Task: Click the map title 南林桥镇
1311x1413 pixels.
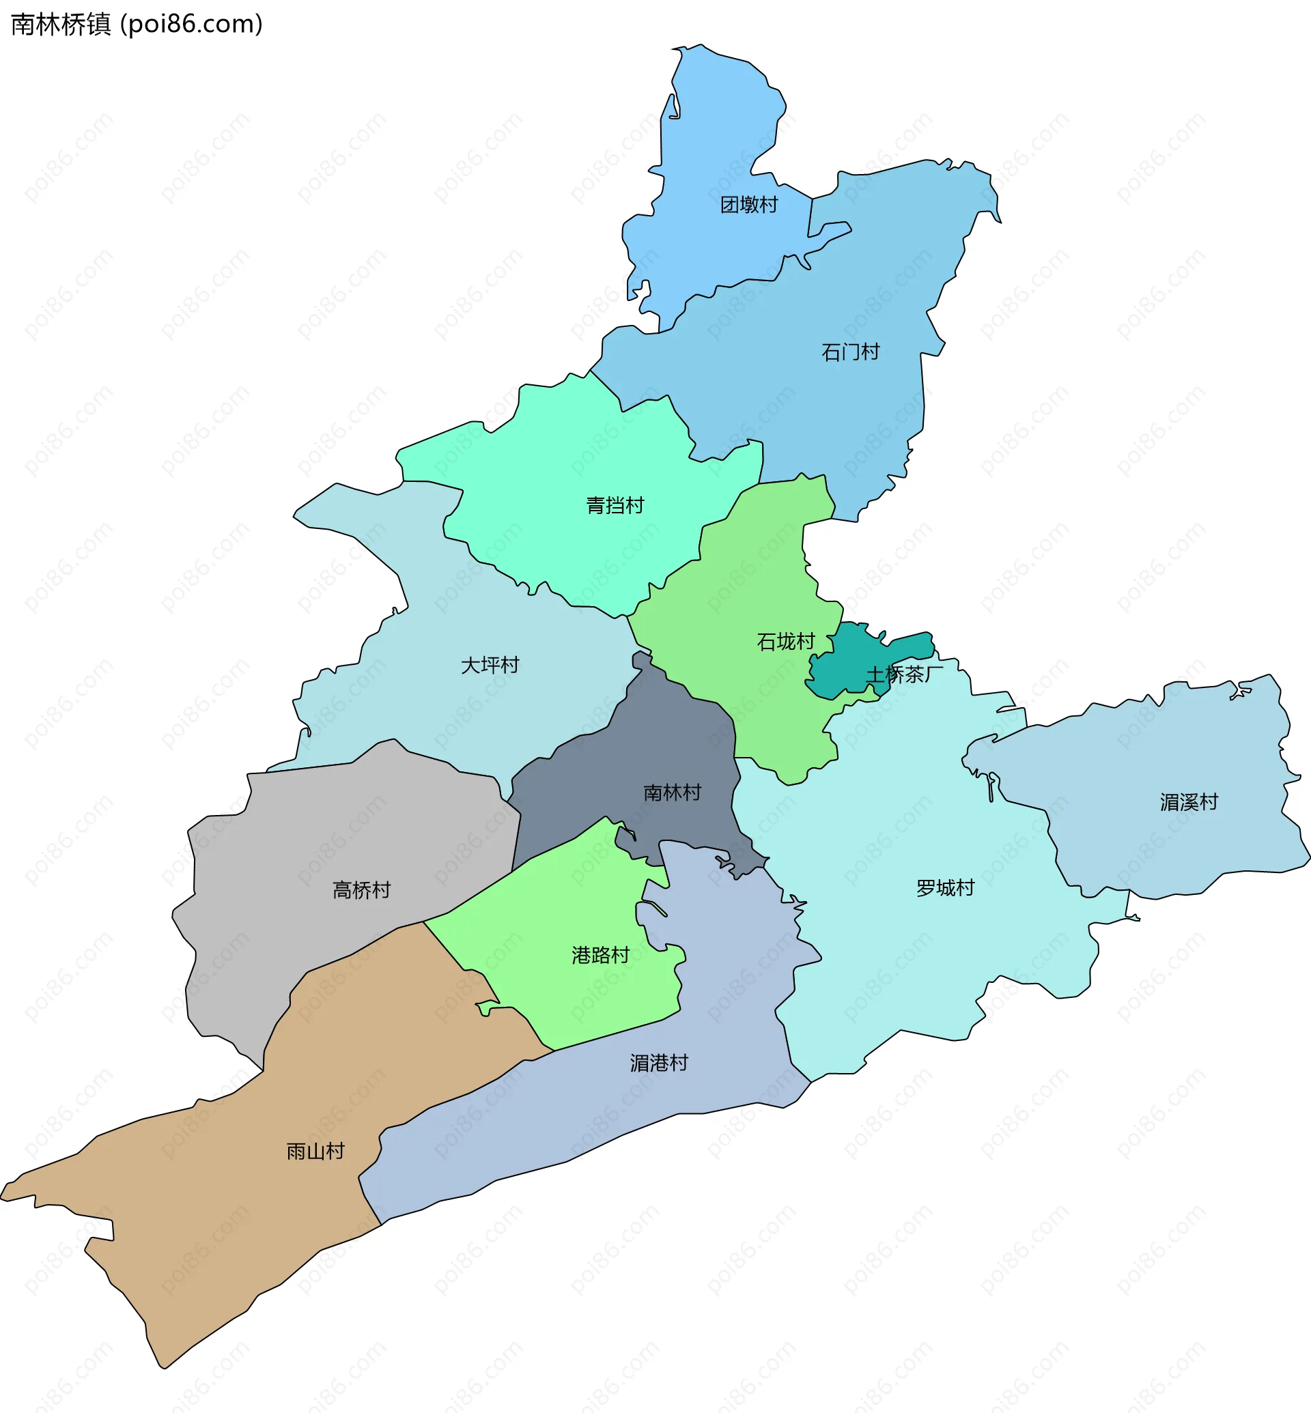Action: [x=61, y=24]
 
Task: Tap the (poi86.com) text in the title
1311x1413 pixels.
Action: [x=192, y=24]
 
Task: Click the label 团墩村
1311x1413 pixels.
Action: [x=749, y=205]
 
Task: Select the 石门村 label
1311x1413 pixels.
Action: [x=851, y=352]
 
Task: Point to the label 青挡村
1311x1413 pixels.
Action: [x=615, y=506]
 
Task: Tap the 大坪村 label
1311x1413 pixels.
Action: [x=490, y=666]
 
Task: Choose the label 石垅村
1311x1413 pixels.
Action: [x=786, y=642]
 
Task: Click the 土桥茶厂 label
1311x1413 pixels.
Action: [x=904, y=674]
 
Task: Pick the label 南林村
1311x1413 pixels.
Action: [x=672, y=793]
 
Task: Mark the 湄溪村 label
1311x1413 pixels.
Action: [x=1189, y=802]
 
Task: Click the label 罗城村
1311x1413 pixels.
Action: [x=945, y=888]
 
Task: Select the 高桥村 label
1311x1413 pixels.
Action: [x=362, y=890]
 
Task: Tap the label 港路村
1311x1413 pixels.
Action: [x=601, y=956]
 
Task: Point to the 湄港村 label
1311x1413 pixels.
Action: [x=659, y=1064]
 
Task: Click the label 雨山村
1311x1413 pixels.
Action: [x=315, y=1152]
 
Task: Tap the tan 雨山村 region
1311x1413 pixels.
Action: [x=213, y=1220]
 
